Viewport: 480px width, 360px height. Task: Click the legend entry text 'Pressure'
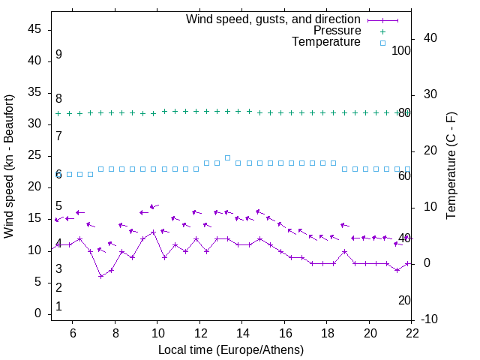(x=337, y=31)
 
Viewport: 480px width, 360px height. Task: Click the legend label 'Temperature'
(x=326, y=42)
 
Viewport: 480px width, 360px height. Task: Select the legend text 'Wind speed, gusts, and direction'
(x=273, y=19)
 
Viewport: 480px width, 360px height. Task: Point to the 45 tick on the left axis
(x=34, y=29)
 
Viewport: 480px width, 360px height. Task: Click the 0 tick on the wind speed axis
(x=37, y=313)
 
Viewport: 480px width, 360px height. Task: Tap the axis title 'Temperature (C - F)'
(x=451, y=166)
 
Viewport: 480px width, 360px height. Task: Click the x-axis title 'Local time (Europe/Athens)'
(x=231, y=349)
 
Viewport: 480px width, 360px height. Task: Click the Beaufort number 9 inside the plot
(x=58, y=55)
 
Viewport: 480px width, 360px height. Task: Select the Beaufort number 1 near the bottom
(x=58, y=307)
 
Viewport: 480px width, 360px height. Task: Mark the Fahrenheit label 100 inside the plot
(x=401, y=50)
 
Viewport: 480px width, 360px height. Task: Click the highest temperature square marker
(x=227, y=157)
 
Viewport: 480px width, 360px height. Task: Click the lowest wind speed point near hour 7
(x=100, y=276)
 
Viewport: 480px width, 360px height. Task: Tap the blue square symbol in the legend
(x=382, y=43)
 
